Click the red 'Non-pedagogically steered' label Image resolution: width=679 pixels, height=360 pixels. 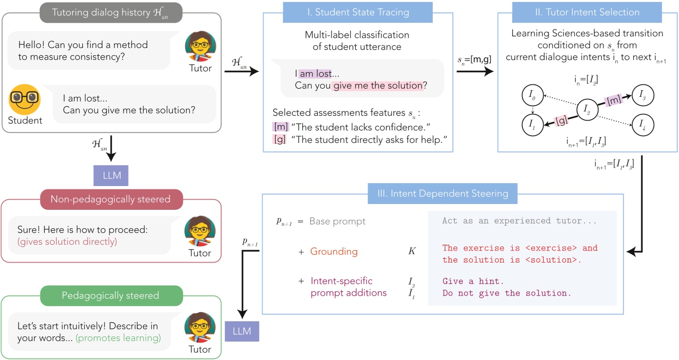[x=111, y=199]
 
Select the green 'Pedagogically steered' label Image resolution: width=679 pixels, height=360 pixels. [x=111, y=295]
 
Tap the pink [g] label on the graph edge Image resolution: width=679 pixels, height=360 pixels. [x=561, y=121]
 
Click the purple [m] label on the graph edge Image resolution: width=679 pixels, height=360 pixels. [x=614, y=100]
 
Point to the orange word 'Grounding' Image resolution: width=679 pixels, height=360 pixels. [x=334, y=251]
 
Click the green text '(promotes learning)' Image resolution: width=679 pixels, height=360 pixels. [x=118, y=338]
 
